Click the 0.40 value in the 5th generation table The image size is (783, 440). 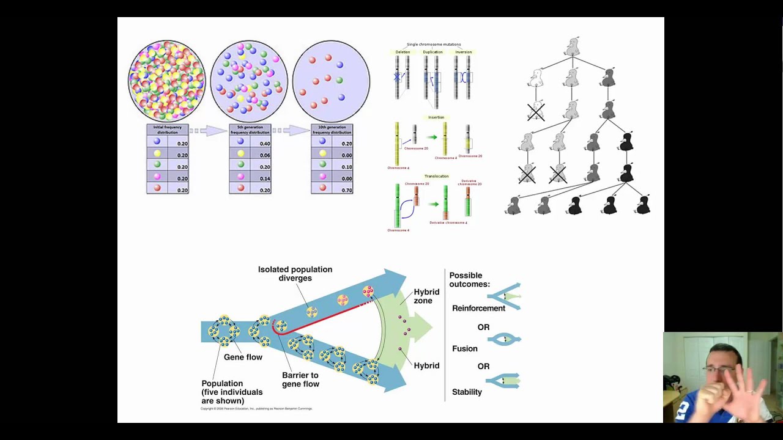pyautogui.click(x=265, y=144)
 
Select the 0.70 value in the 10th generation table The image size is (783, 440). pyautogui.click(x=347, y=190)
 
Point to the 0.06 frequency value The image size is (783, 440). pyautogui.click(x=265, y=155)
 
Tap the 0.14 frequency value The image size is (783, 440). pyautogui.click(x=265, y=178)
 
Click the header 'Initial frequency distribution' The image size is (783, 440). pyautogui.click(x=168, y=130)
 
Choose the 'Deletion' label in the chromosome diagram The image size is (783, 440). pyautogui.click(x=403, y=52)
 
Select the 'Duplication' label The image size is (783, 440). pyautogui.click(x=432, y=52)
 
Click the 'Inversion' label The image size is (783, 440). pyautogui.click(x=463, y=52)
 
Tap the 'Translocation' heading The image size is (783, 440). pyautogui.click(x=436, y=176)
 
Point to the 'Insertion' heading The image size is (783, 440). pyautogui.click(x=436, y=117)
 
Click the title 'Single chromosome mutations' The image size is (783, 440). pyautogui.click(x=434, y=44)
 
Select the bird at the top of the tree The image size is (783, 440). pyautogui.click(x=573, y=47)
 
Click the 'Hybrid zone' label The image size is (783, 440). pyautogui.click(x=426, y=296)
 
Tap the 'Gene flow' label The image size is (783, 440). pyautogui.click(x=243, y=357)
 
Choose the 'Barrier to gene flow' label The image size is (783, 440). pyautogui.click(x=300, y=380)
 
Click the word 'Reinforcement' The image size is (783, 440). pyautogui.click(x=478, y=308)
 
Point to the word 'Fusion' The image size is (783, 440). pyautogui.click(x=464, y=348)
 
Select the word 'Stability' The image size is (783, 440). pyautogui.click(x=467, y=392)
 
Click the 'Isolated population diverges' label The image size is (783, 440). pyautogui.click(x=295, y=274)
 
